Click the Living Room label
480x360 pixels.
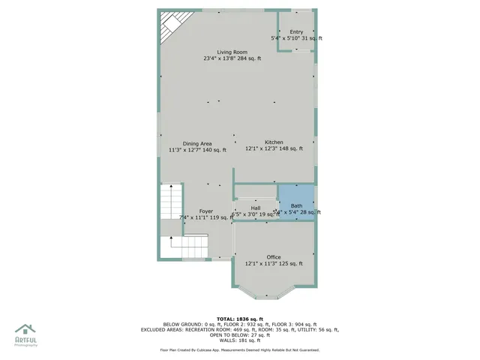pos(232,52)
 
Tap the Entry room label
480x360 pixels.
pos(296,31)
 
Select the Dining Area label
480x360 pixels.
pos(197,143)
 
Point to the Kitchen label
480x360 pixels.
pos(274,142)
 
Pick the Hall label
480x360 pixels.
pos(255,208)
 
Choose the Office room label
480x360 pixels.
pos(274,257)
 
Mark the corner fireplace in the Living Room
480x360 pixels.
pos(172,24)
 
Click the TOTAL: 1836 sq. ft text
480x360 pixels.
pos(239,318)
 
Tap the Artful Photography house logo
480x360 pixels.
pos(25,330)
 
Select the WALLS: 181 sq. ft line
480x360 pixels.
pos(239,340)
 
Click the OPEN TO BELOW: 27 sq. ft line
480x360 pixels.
pos(239,335)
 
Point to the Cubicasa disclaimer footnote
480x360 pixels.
pos(239,350)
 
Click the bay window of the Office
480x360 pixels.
pos(274,293)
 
